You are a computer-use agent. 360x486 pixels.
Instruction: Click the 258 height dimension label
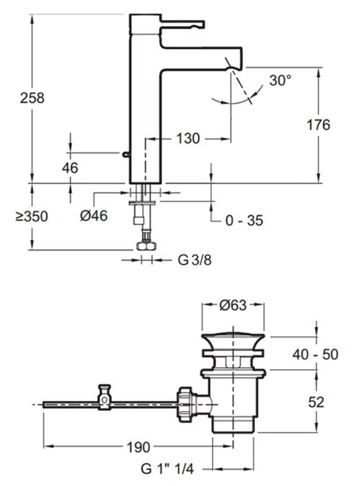point(32,98)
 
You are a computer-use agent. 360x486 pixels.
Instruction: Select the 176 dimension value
point(318,125)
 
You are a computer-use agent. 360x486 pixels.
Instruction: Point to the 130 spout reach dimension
point(188,138)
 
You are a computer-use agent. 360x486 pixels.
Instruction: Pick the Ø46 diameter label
point(94,216)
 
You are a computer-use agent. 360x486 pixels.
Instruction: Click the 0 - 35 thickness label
point(244,220)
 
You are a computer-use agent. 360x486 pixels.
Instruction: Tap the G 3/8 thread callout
point(195,260)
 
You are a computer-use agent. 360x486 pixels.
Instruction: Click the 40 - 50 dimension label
point(315,354)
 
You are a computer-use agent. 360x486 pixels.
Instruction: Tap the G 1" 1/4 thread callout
point(170,469)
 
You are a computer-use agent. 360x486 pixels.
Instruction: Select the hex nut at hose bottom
point(146,246)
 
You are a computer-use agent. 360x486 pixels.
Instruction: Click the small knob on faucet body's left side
point(125,154)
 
